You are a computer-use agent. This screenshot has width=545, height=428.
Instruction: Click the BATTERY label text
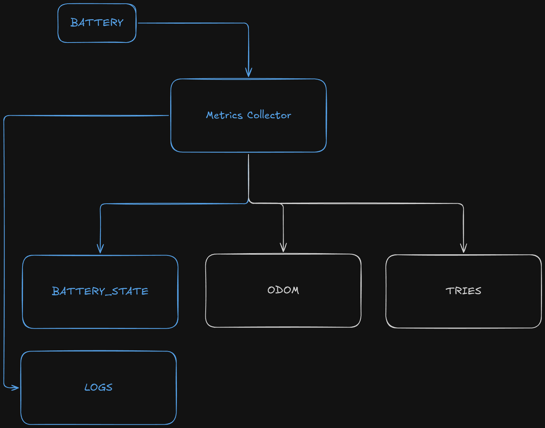pos(97,22)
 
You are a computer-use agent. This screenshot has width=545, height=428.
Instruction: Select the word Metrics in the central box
pos(224,115)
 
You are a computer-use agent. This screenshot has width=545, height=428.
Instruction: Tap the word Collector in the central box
pos(269,115)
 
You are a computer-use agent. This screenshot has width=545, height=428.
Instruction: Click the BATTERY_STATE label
pos(100,291)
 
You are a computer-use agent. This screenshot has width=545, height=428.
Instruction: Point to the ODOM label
pos(283,290)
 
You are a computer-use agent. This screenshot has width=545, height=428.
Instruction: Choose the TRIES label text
pos(463,291)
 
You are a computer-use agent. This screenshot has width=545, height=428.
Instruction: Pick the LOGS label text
pos(98,387)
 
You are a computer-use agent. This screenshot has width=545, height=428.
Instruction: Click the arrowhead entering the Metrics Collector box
pos(248,72)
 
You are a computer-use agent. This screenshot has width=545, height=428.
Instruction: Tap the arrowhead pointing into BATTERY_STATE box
pos(100,248)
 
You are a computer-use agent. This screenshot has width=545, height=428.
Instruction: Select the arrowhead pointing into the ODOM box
pos(283,247)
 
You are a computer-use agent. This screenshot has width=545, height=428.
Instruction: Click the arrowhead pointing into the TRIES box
pos(463,248)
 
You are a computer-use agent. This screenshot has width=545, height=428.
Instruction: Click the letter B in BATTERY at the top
pos(74,22)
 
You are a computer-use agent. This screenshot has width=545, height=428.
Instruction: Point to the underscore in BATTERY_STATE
pos(108,295)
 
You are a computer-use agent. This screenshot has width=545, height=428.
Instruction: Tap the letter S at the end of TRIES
pos(478,291)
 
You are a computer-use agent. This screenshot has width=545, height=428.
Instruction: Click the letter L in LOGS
pos(87,387)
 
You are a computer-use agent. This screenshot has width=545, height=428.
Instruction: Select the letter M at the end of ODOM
pos(295,290)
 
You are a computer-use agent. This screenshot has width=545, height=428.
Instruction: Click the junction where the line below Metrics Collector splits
pos(248,202)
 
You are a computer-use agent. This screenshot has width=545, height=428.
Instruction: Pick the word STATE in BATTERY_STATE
pos(130,291)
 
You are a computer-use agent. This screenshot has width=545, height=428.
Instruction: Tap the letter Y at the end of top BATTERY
pos(120,23)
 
